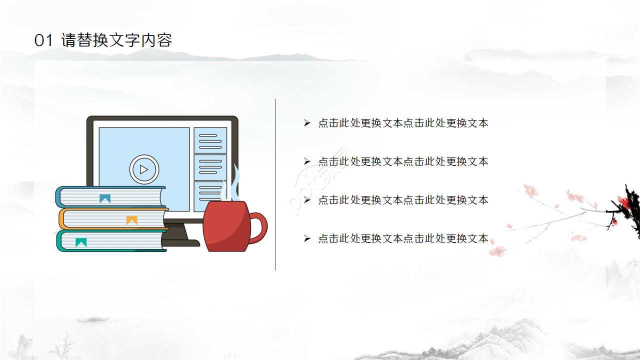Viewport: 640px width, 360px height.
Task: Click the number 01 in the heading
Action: tap(43, 40)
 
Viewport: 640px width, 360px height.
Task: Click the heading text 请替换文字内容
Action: tap(116, 40)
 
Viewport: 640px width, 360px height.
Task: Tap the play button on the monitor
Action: tap(144, 169)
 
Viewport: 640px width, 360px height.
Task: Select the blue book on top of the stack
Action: tap(110, 197)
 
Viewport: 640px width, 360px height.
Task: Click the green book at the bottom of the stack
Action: tap(111, 241)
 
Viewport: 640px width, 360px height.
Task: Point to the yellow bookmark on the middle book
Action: tap(131, 220)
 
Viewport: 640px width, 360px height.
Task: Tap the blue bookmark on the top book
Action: tap(104, 198)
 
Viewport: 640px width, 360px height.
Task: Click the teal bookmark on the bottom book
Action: tap(81, 242)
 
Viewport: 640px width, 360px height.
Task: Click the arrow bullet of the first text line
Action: tap(307, 123)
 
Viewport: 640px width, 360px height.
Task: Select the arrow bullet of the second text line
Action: tap(307, 161)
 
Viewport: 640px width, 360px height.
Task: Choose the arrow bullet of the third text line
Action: tap(307, 200)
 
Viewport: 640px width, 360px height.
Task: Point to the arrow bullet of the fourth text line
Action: tap(307, 238)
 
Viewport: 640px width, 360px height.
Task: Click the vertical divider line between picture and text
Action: tap(275, 185)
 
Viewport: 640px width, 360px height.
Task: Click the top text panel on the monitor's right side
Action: tap(210, 140)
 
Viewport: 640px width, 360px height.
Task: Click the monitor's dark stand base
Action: tap(182, 243)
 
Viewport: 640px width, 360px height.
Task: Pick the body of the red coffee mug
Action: tap(226, 227)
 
